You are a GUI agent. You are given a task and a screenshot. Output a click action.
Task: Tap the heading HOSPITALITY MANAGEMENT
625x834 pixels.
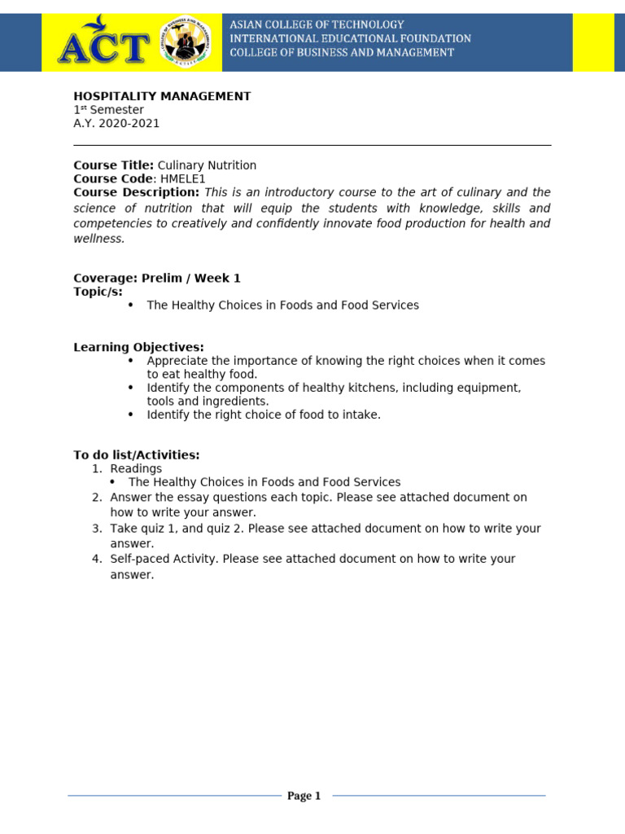(x=162, y=96)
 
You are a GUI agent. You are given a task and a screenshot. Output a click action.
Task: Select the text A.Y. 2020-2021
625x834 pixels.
(x=116, y=124)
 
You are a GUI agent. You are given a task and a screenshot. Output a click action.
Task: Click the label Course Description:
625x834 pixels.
(x=136, y=192)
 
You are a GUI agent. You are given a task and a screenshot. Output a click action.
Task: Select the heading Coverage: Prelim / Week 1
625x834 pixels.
(x=157, y=279)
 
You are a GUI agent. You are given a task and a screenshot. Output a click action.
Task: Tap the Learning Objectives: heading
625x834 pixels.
(x=138, y=348)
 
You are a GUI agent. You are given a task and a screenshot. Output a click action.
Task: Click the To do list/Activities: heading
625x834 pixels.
(x=136, y=455)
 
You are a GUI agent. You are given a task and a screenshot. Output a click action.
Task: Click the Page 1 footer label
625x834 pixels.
(x=304, y=796)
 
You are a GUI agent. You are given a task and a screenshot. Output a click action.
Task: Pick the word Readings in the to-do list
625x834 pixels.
(x=136, y=469)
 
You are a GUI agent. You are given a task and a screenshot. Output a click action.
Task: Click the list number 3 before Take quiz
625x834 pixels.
(x=95, y=529)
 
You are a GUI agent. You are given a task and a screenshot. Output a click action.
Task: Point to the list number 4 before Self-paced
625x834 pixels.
(x=95, y=559)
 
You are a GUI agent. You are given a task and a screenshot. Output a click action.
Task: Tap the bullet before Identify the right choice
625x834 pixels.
(x=130, y=415)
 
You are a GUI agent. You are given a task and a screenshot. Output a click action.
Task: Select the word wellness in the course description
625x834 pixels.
(x=98, y=239)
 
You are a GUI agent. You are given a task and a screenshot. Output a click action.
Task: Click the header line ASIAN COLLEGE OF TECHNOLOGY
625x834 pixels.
(x=317, y=24)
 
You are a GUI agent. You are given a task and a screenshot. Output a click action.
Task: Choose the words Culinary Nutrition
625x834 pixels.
(x=207, y=165)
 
